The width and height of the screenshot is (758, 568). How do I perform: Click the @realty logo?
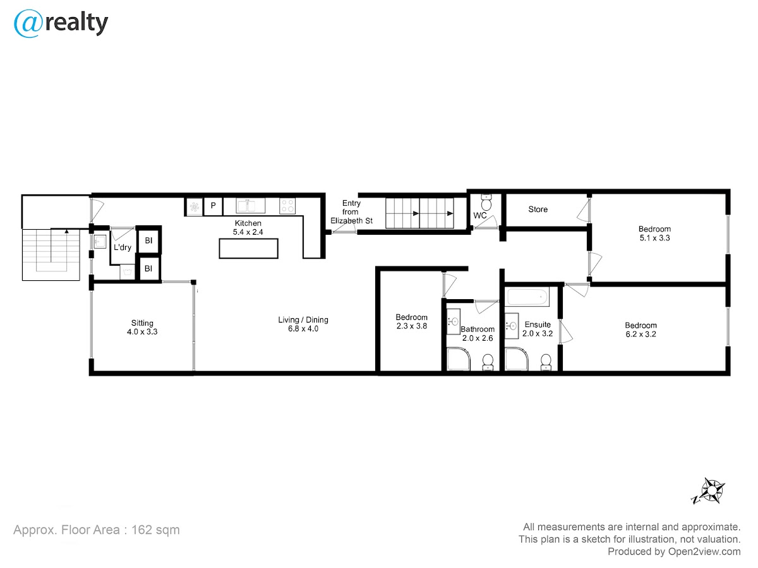pyautogui.click(x=61, y=23)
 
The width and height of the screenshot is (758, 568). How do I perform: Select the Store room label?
pyautogui.click(x=538, y=210)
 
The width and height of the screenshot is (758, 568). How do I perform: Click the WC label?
pyautogui.click(x=479, y=216)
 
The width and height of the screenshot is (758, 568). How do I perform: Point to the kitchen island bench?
pyautogui.click(x=248, y=248)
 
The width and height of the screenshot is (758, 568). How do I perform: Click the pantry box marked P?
pyautogui.click(x=213, y=206)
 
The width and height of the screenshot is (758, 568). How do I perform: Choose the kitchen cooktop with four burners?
pyautogui.click(x=287, y=206)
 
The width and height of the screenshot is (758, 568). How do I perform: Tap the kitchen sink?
pyautogui.click(x=250, y=205)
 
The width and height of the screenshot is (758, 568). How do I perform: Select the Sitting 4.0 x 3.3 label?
pyautogui.click(x=142, y=328)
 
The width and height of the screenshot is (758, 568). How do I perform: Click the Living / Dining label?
pyautogui.click(x=303, y=320)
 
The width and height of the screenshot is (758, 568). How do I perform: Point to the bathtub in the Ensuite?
pyautogui.click(x=527, y=297)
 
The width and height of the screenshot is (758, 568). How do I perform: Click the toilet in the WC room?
pyautogui.click(x=486, y=203)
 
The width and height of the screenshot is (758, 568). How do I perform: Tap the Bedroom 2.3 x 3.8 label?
pyautogui.click(x=412, y=321)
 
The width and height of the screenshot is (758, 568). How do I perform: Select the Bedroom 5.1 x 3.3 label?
pyautogui.click(x=654, y=234)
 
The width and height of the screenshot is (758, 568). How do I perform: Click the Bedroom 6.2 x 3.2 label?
pyautogui.click(x=641, y=329)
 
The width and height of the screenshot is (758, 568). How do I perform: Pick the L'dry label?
pyautogui.click(x=123, y=247)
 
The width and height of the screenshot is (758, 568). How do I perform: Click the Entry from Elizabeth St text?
pyautogui.click(x=352, y=212)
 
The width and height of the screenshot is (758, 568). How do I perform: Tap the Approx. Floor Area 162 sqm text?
pyautogui.click(x=97, y=530)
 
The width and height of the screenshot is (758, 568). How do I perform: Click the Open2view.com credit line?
pyautogui.click(x=674, y=552)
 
